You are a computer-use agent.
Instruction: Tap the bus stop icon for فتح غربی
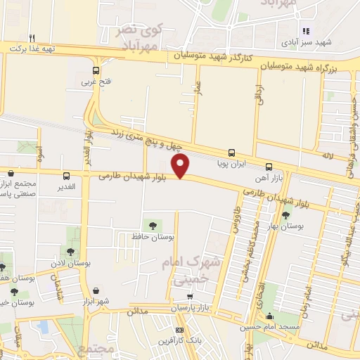point(96,70)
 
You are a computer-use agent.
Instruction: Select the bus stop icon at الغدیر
point(67,176)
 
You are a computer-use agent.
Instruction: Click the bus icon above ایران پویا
point(231,152)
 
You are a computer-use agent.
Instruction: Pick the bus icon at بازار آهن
point(269,167)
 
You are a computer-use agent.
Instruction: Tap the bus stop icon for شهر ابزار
point(95,290)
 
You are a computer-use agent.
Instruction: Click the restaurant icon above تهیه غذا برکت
point(32,38)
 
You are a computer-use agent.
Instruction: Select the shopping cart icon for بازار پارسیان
point(189,297)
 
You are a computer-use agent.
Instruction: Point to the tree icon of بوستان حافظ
point(153,224)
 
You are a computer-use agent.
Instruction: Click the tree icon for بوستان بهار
point(285,215)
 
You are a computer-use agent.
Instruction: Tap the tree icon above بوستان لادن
point(70,250)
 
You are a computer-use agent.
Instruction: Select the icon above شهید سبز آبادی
point(305,31)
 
